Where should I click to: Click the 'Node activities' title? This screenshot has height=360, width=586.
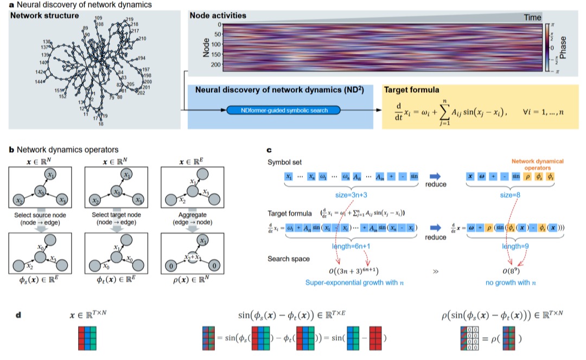coord(218,15)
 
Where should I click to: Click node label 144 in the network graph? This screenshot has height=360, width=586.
coord(40,81)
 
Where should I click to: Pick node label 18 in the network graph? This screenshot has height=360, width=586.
coord(100,124)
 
